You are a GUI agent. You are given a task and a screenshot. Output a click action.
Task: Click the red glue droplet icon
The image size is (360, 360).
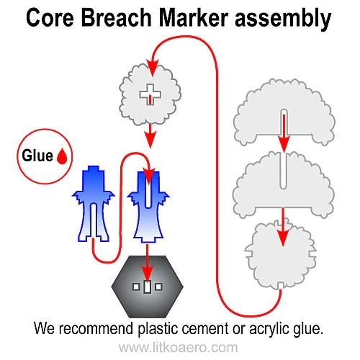(x=63, y=156)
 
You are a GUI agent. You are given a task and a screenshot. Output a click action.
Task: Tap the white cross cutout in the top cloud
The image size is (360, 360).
(x=149, y=91)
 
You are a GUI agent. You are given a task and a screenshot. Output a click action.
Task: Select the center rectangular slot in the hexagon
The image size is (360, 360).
(x=148, y=287)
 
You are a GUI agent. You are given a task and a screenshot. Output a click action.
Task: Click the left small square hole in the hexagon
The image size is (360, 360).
(x=136, y=287)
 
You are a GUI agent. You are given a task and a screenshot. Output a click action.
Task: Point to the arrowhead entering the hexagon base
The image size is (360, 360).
(x=148, y=274)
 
